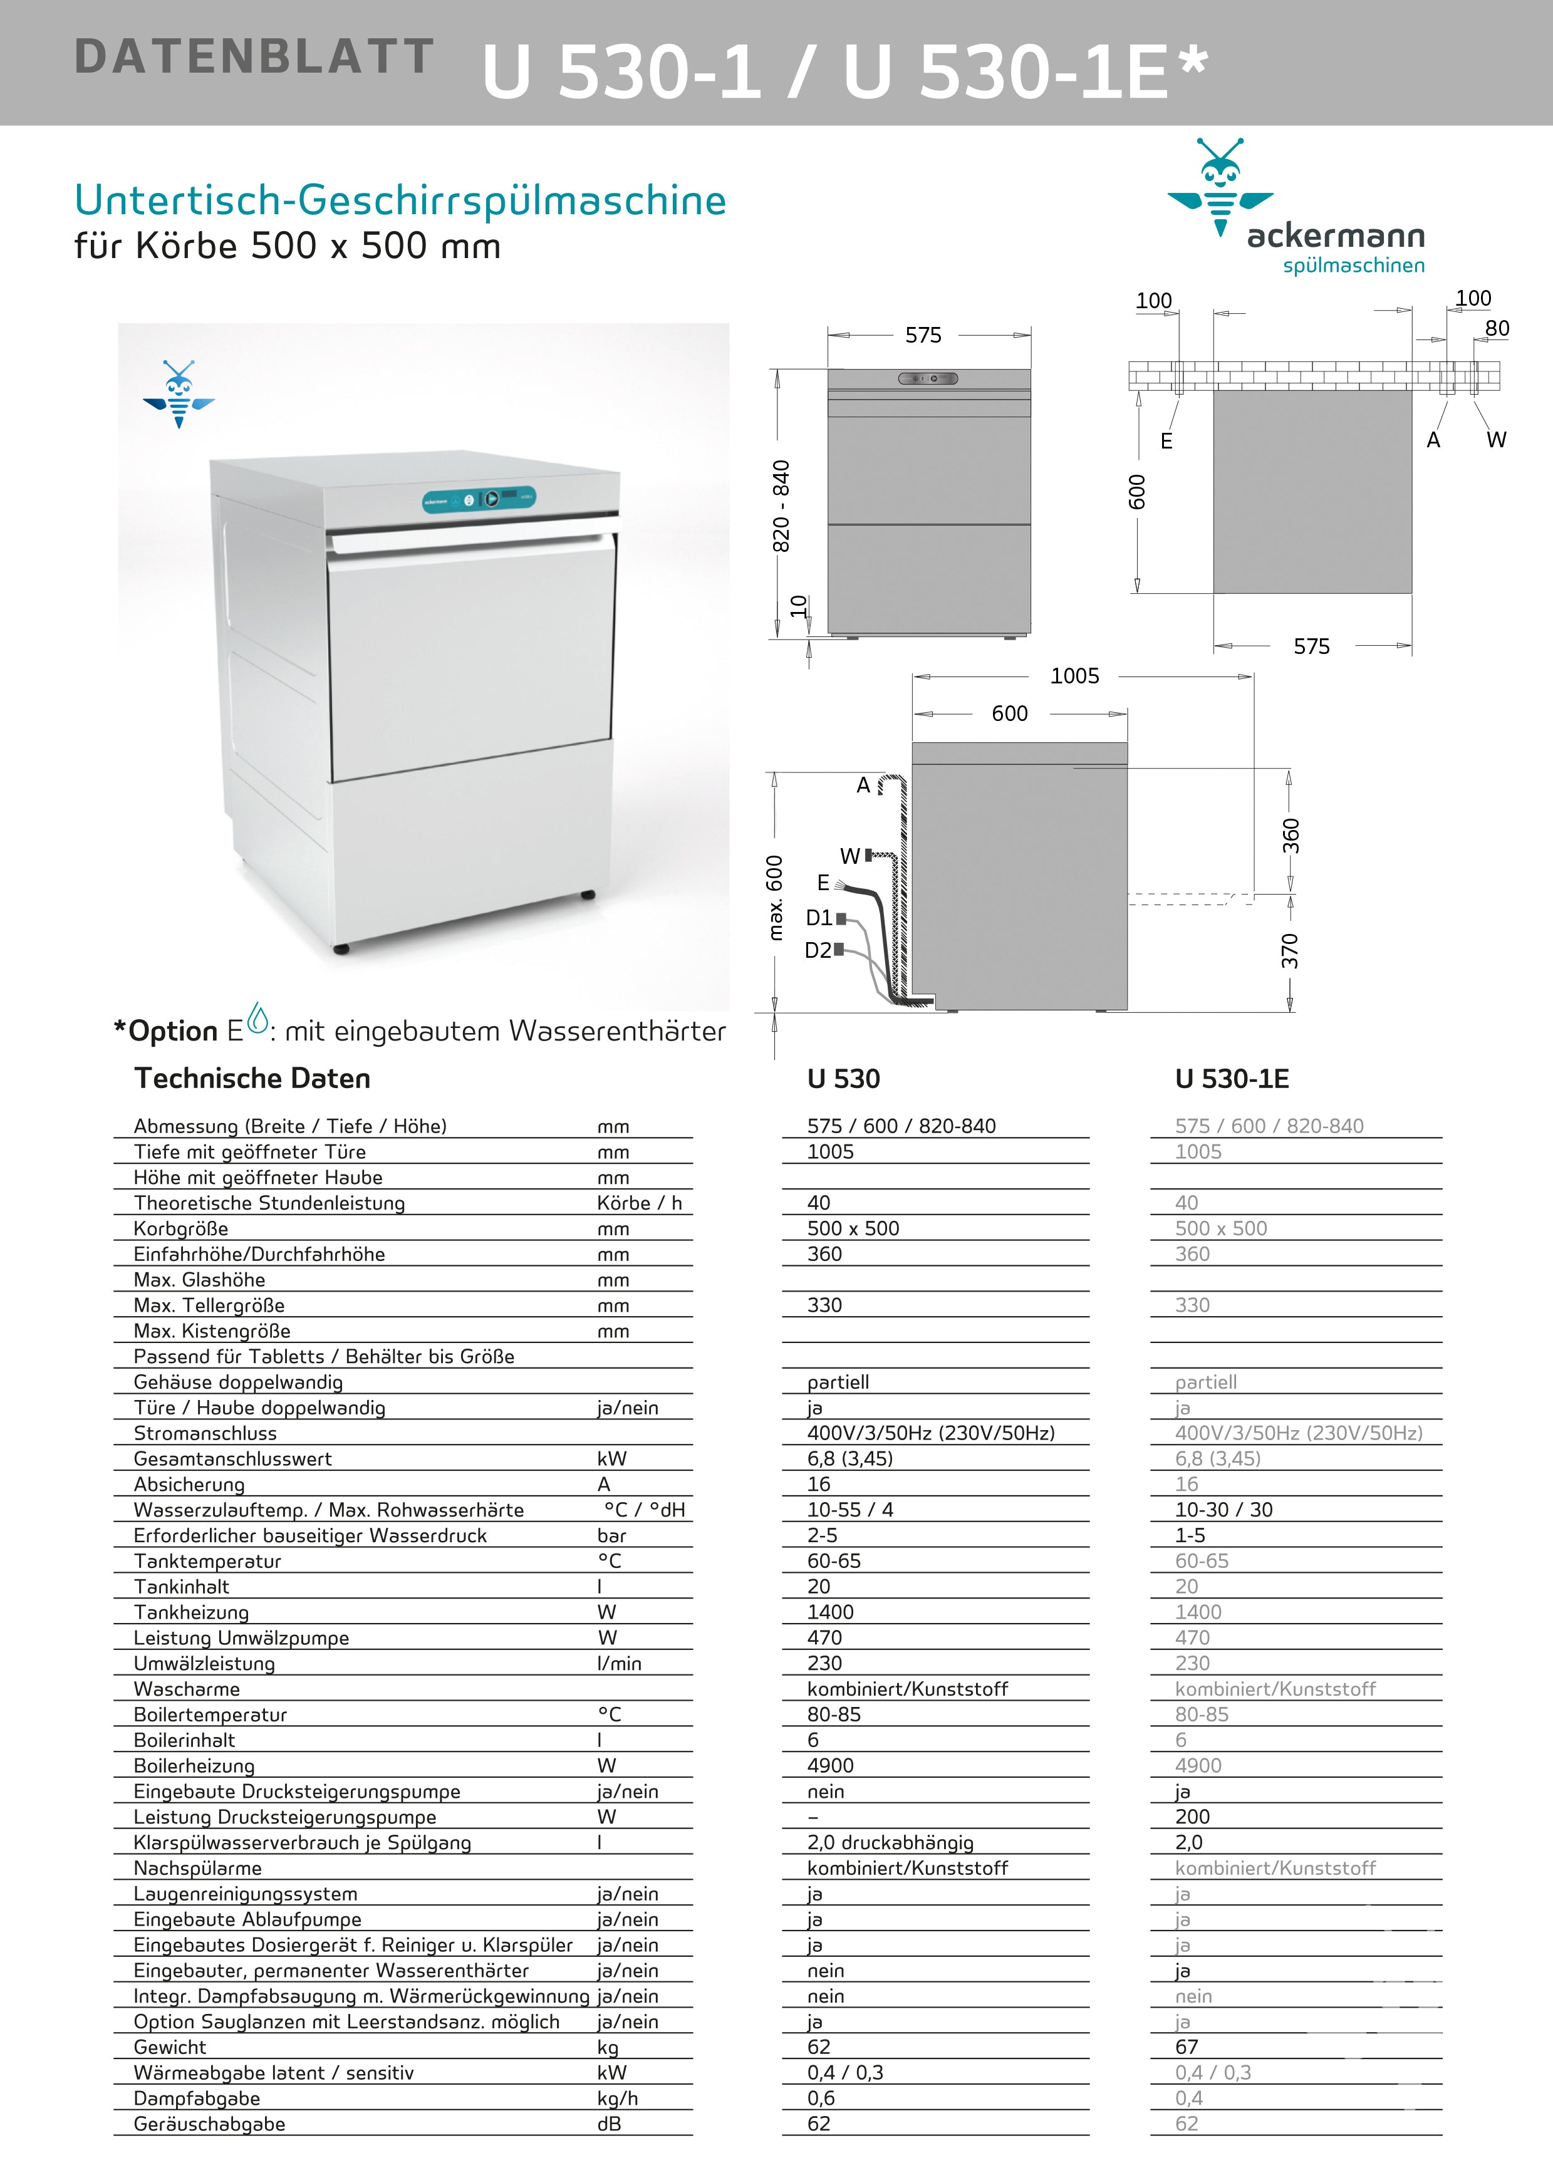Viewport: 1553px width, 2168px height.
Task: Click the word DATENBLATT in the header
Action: [254, 56]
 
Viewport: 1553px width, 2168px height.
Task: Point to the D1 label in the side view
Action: [819, 918]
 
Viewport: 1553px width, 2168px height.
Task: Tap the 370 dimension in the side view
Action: [1290, 951]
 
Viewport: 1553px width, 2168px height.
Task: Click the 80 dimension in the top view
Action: [1497, 329]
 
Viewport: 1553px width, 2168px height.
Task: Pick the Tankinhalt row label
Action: [182, 1587]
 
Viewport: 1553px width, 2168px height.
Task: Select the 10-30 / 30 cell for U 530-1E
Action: [1223, 1510]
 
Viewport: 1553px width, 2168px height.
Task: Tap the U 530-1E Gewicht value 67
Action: [1187, 2046]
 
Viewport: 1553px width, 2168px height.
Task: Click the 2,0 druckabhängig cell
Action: [890, 1842]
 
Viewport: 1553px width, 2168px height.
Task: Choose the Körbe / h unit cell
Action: [639, 1203]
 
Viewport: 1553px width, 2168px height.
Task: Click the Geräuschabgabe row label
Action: [209, 2124]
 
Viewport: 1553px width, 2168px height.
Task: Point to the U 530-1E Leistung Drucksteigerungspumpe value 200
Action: [1193, 1816]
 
